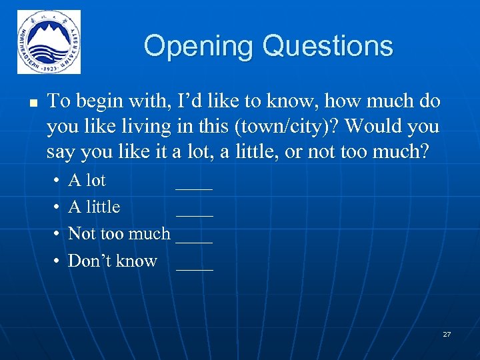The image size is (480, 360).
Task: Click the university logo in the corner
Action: pyautogui.click(x=49, y=41)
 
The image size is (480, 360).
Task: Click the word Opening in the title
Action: pyautogui.click(x=199, y=46)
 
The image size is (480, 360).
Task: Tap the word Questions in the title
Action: pyautogui.click(x=327, y=46)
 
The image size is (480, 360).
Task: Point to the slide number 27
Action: pyautogui.click(x=447, y=333)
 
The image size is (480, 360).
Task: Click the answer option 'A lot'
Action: pyautogui.click(x=87, y=181)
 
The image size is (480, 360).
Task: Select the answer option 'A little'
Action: pyautogui.click(x=94, y=207)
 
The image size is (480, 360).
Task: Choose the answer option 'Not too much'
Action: pyautogui.click(x=119, y=234)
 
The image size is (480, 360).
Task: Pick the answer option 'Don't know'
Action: pyautogui.click(x=113, y=261)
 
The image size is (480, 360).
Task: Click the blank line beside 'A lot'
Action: pyautogui.click(x=194, y=187)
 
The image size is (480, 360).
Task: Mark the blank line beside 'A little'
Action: pyautogui.click(x=195, y=213)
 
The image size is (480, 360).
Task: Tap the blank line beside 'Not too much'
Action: pyautogui.click(x=195, y=240)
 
